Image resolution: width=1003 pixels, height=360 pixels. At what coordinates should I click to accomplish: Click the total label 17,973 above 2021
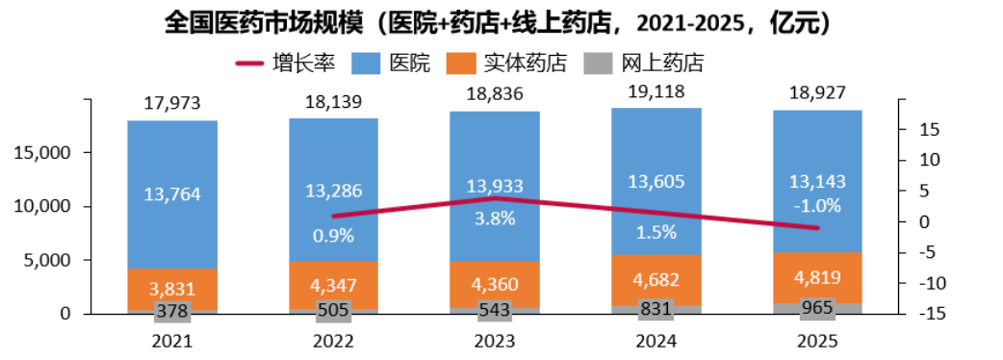coord(172,102)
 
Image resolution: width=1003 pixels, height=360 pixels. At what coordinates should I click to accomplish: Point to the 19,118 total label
coord(656,91)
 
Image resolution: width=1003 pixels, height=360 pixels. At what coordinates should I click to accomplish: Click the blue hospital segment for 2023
coord(495,187)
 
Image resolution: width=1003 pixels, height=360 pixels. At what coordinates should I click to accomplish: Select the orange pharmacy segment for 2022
coord(333,285)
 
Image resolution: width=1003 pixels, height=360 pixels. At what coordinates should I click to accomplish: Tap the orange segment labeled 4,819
coord(817,277)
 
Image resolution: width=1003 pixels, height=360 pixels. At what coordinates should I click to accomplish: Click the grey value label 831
coord(656,310)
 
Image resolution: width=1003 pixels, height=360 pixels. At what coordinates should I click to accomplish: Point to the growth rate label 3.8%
coord(495,219)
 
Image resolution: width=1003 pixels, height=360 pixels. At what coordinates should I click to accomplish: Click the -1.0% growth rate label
coord(817,207)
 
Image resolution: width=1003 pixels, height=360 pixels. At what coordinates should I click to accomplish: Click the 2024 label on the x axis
coord(656,342)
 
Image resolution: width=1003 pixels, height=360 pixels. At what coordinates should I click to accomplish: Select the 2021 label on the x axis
coord(172,342)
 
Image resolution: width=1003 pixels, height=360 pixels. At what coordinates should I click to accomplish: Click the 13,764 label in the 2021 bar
coord(172,193)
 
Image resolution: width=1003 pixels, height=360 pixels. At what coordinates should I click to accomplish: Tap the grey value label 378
coord(172,311)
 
